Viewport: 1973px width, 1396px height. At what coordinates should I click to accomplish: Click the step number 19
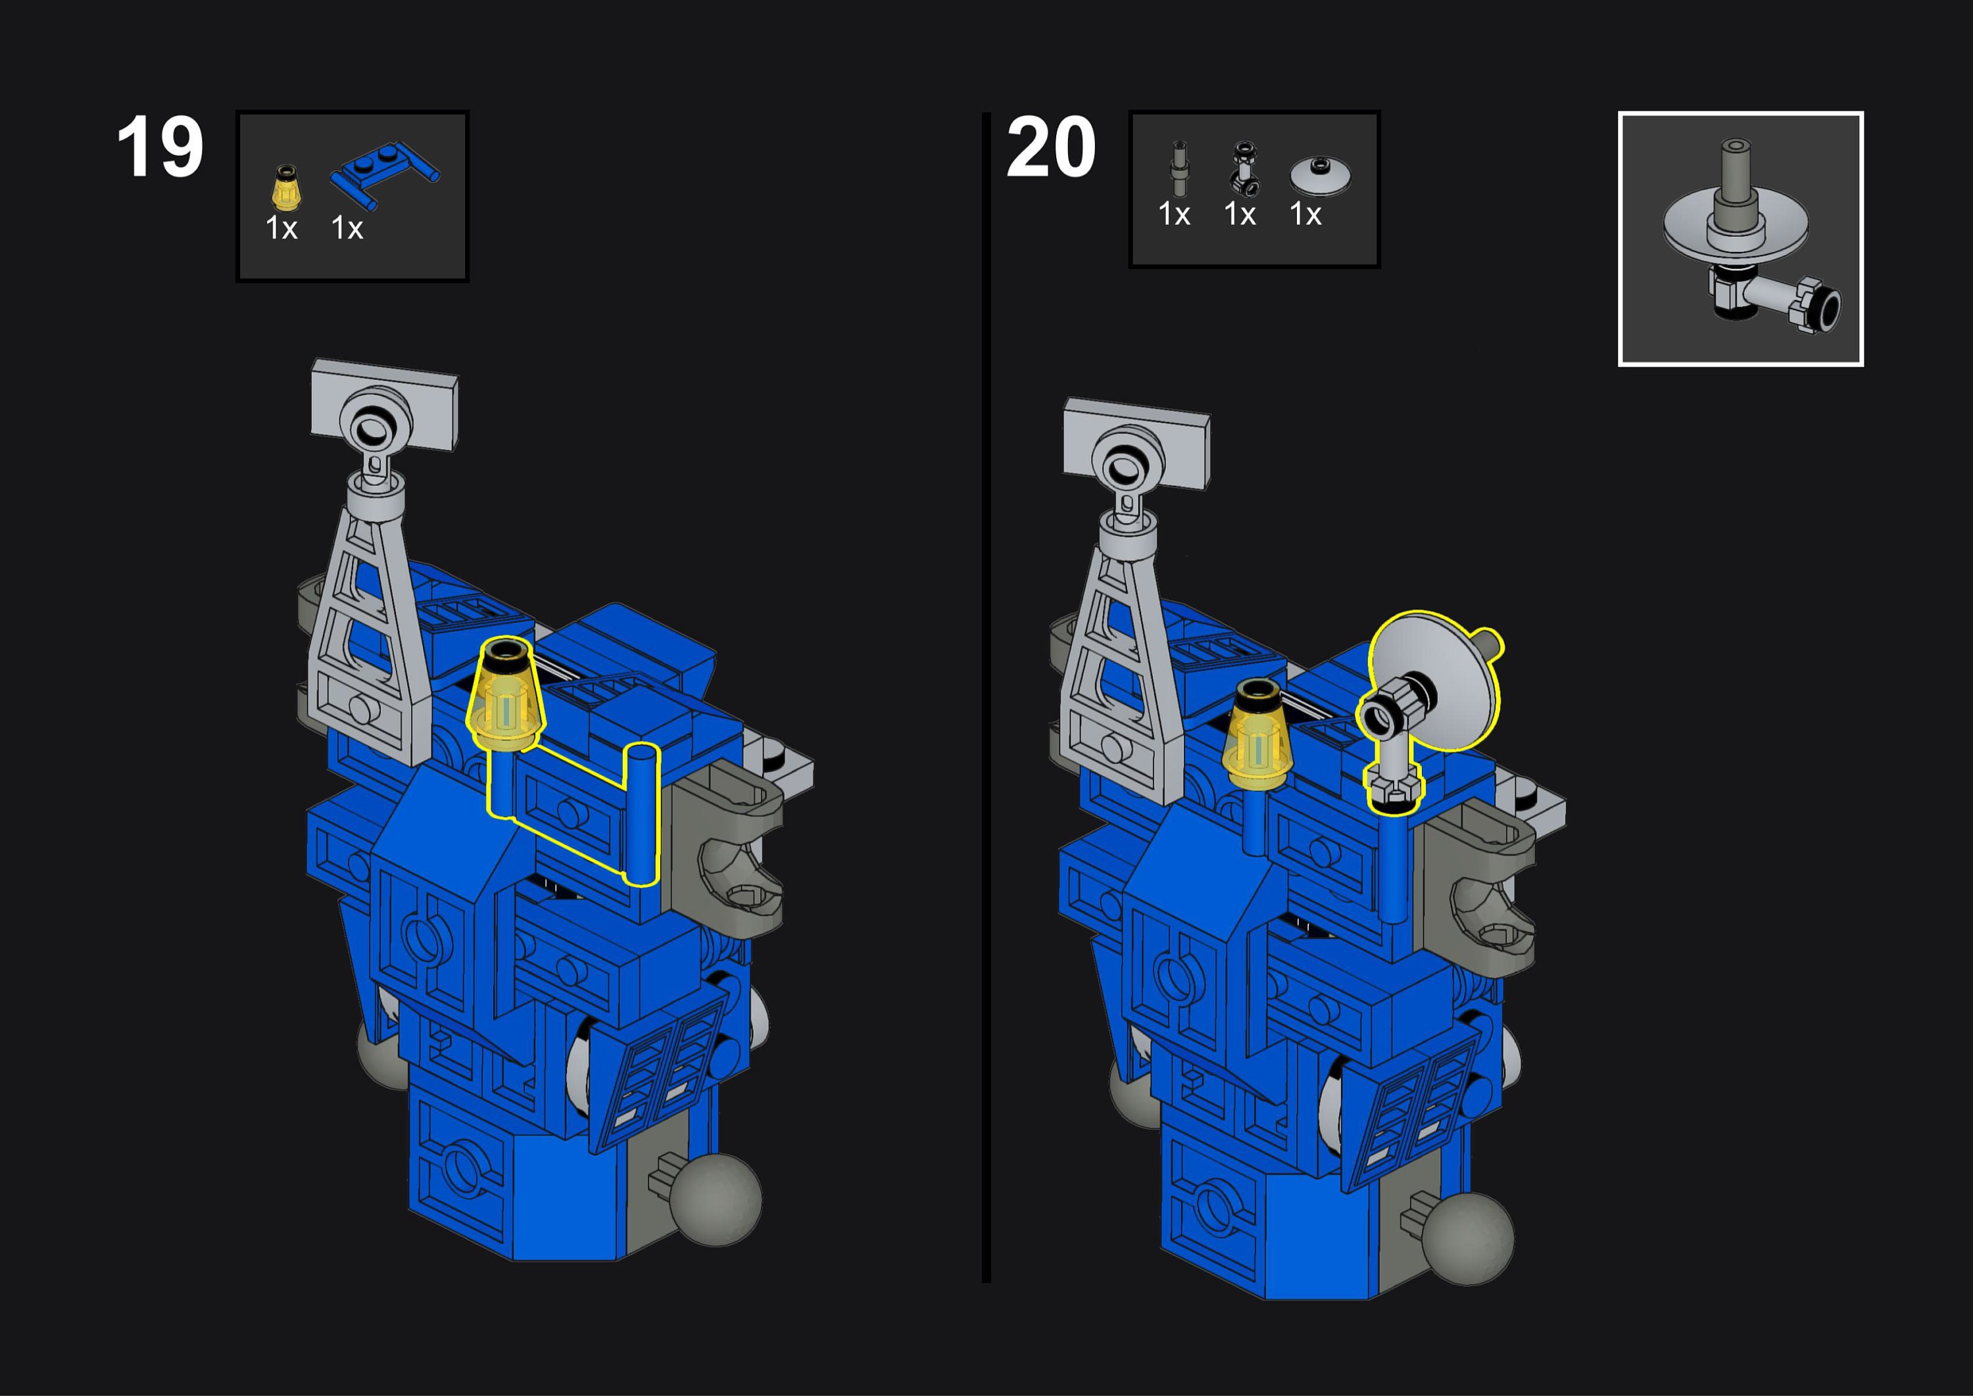click(x=160, y=147)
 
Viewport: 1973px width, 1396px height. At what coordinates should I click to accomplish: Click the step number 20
click(x=1050, y=147)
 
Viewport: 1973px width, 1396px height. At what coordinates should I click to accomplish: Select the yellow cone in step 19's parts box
click(x=286, y=187)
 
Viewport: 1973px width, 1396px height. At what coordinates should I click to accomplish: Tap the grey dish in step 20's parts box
click(x=1320, y=176)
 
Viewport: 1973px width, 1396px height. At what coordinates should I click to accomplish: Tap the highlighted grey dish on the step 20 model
click(x=1434, y=679)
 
